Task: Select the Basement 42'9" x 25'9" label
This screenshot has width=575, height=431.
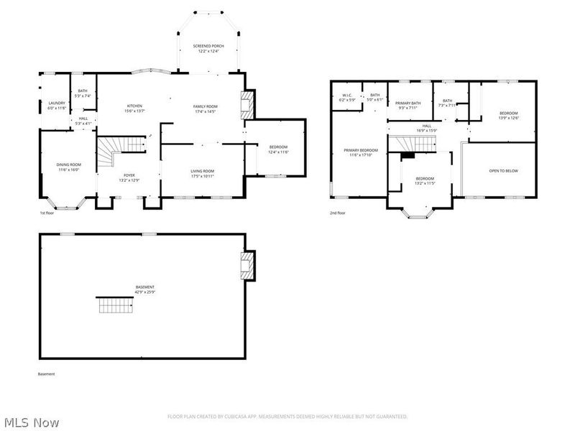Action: pyautogui.click(x=144, y=289)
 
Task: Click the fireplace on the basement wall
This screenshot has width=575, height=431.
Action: pyautogui.click(x=247, y=264)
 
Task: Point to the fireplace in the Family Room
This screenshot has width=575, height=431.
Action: pyautogui.click(x=247, y=106)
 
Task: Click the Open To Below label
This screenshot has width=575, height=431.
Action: pyautogui.click(x=503, y=171)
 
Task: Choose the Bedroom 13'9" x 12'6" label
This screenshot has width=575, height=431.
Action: pyautogui.click(x=508, y=115)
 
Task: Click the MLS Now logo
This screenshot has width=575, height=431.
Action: pyautogui.click(x=32, y=422)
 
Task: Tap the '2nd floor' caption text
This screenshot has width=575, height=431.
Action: pyautogui.click(x=337, y=213)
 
